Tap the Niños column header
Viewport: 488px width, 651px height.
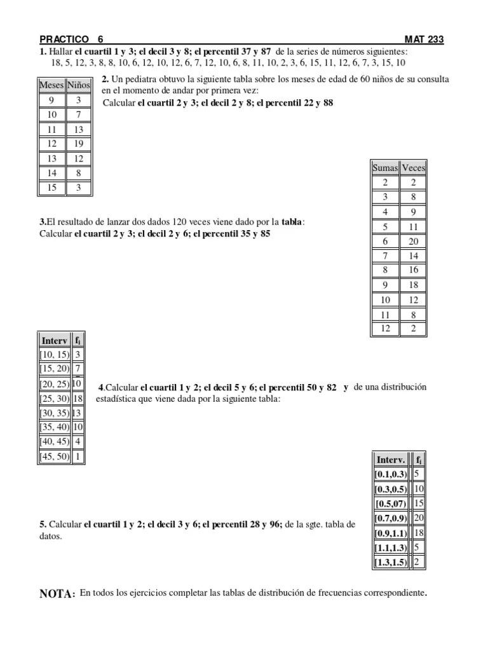pos(79,85)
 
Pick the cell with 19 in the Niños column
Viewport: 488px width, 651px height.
pos(79,144)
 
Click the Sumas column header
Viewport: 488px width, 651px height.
pos(385,168)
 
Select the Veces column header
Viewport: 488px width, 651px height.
pos(414,168)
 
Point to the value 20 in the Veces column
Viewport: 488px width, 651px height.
pos(414,241)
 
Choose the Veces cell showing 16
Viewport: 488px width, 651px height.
pos(414,270)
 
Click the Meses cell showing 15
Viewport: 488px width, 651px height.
pos(52,188)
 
